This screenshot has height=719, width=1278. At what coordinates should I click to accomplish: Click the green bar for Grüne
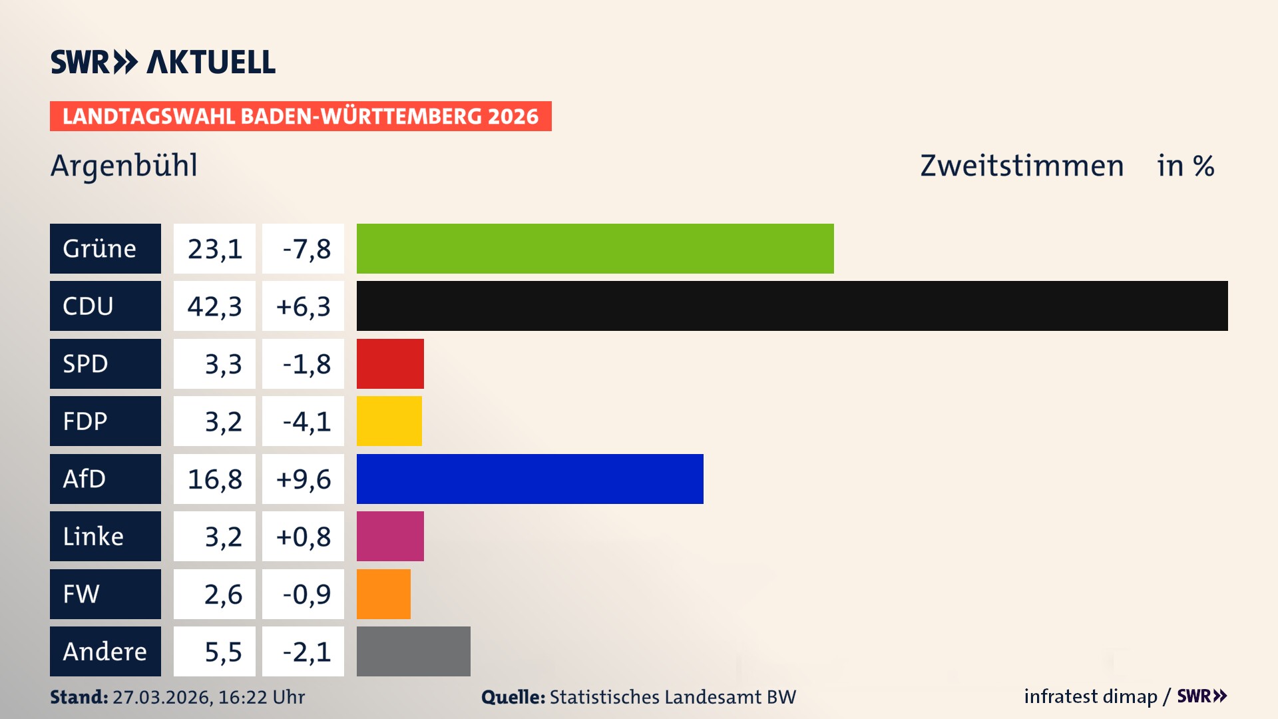594,248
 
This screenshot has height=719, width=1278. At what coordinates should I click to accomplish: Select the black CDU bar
792,306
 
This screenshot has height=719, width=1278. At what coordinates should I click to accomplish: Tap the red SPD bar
390,363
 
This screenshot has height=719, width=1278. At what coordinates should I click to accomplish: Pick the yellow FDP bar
389,421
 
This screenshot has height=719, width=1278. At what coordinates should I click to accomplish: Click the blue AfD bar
530,479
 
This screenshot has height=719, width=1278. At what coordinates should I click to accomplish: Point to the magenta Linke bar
390,536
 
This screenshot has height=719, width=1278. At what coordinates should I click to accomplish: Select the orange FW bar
383,594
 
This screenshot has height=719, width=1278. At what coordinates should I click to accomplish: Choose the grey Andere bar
413,651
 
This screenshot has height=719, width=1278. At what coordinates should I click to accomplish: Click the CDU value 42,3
214,306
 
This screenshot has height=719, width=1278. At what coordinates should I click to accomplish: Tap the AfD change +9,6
304,479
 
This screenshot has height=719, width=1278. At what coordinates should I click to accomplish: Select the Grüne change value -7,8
306,249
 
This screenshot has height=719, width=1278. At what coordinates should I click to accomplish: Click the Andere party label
105,651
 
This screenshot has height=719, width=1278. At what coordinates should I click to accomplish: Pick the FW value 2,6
222,595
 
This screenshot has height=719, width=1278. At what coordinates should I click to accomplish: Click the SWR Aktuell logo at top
162,62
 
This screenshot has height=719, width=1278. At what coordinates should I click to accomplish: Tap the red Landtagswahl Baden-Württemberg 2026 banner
300,116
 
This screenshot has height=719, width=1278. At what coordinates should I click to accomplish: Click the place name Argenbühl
124,165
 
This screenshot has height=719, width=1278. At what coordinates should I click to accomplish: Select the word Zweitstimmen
1022,165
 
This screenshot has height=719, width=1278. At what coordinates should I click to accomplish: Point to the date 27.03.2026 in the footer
162,697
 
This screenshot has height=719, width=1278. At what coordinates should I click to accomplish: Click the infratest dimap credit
1090,696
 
